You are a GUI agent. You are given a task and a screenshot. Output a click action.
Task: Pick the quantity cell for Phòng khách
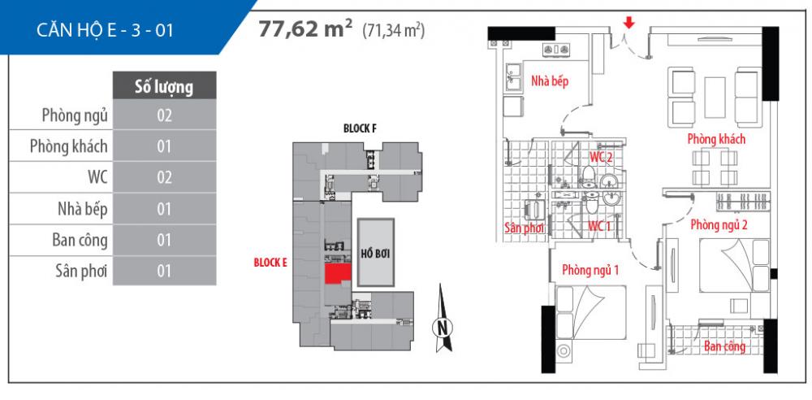(165, 147)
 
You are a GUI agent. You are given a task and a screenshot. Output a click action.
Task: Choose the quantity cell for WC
(165, 178)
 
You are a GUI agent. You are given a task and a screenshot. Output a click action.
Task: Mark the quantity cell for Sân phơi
(165, 272)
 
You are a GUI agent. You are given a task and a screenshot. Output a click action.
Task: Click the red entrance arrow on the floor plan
(628, 23)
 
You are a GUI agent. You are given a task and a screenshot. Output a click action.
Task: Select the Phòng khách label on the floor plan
(716, 139)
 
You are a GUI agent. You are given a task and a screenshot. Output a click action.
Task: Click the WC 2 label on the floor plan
(601, 156)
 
